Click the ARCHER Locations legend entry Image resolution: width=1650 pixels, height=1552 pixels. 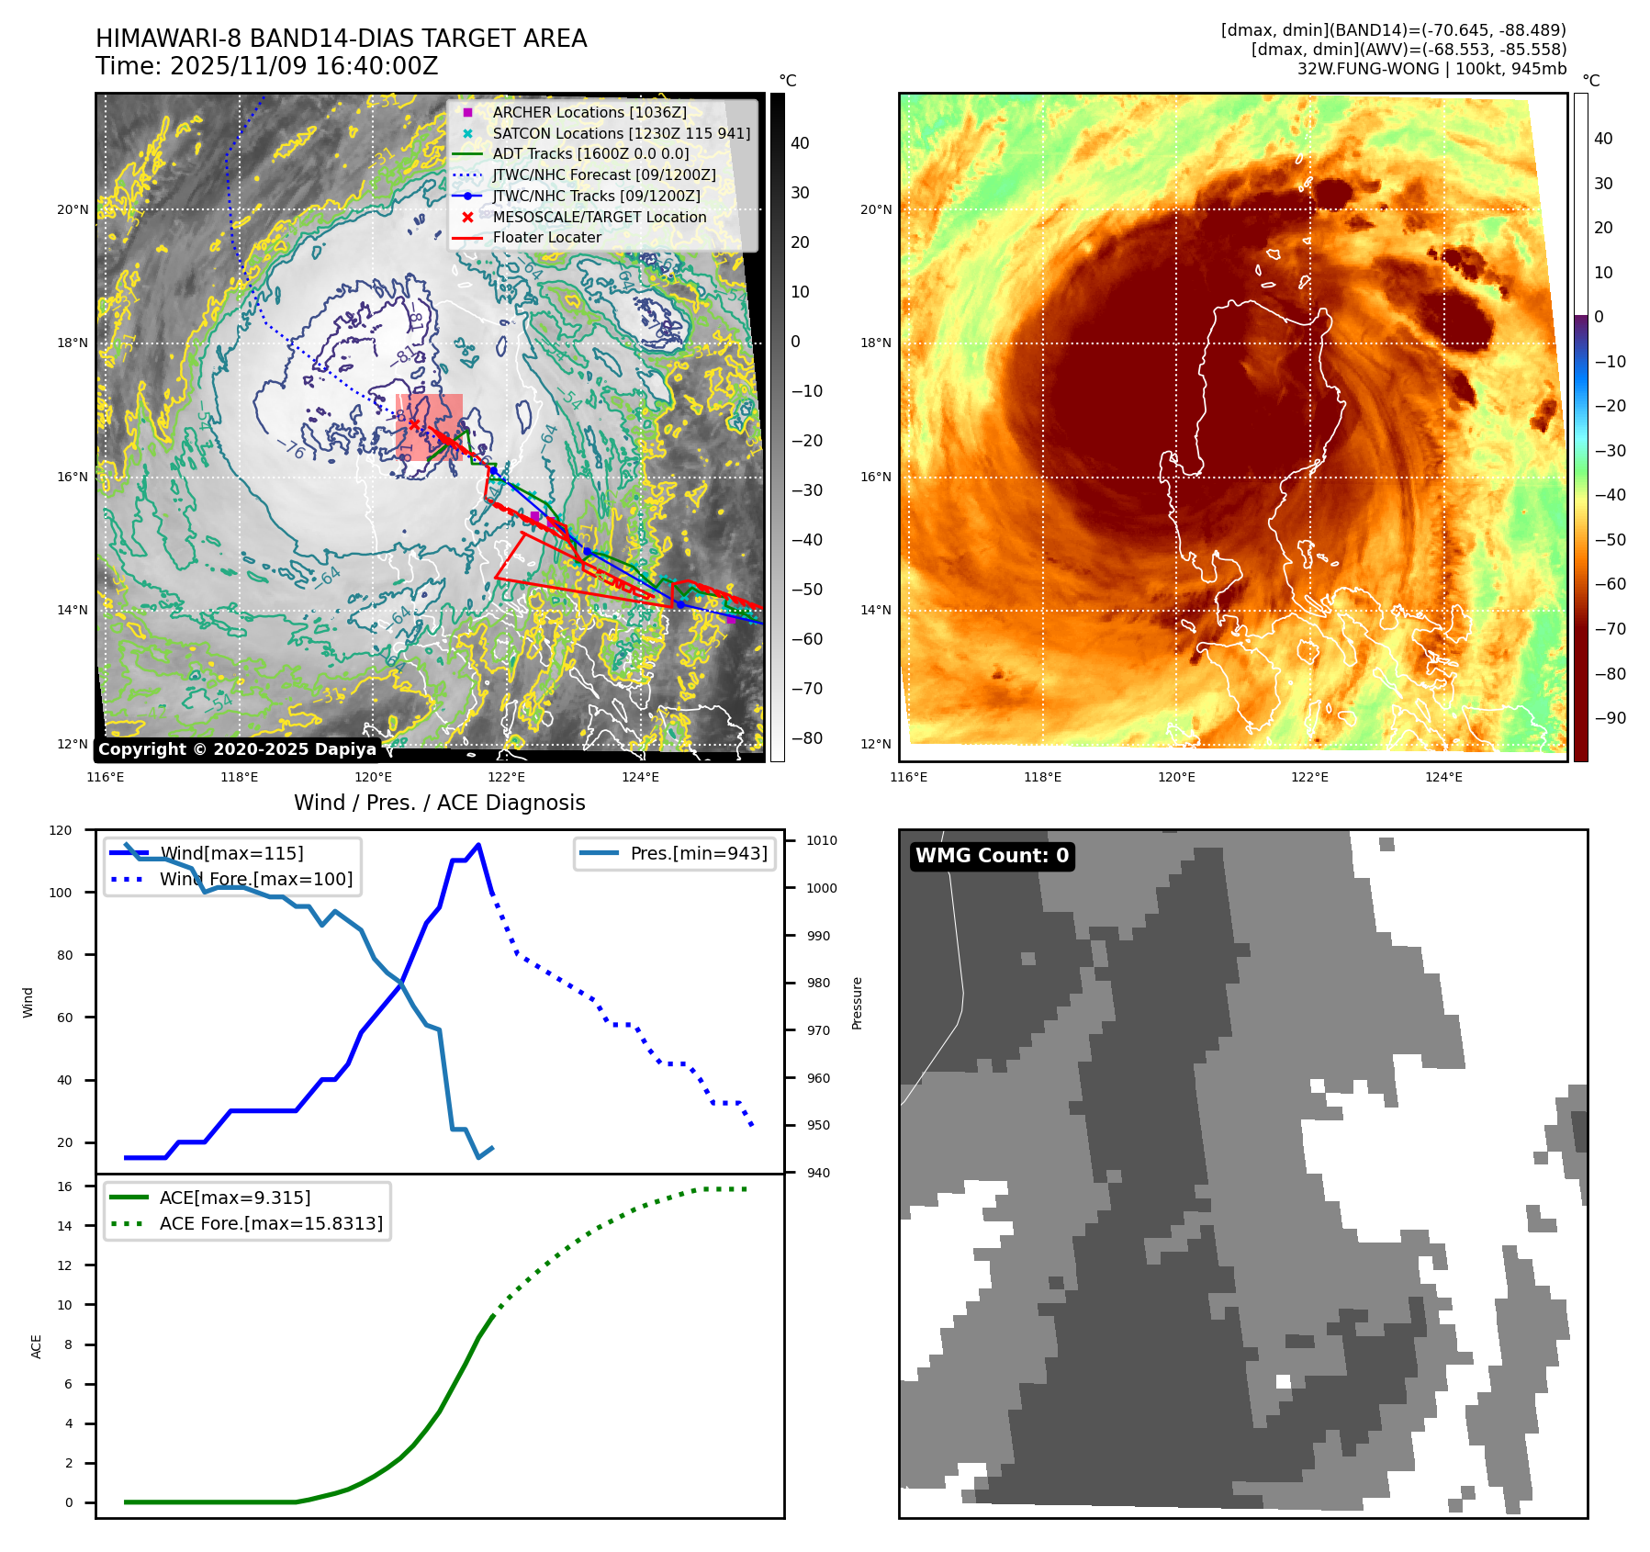pos(589,112)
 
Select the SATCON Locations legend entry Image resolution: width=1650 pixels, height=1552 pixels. pos(621,133)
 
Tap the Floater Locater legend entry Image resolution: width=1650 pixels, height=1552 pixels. pos(546,237)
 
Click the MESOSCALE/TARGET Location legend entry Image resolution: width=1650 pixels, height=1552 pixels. pos(599,217)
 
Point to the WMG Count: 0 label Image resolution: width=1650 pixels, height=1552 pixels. pos(992,856)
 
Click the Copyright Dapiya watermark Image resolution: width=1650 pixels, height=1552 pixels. pos(237,749)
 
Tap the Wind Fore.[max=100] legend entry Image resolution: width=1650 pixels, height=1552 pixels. pos(255,879)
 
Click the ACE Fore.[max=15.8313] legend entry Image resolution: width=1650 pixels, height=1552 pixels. pos(271,1223)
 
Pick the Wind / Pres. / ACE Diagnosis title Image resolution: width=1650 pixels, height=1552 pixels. pos(439,803)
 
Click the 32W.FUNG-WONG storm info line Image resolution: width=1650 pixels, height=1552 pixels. pos(1431,69)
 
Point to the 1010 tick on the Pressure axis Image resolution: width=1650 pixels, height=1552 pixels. pos(822,840)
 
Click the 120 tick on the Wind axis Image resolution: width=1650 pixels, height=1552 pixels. pos(61,830)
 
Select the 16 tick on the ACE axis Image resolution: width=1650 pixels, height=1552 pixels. pos(64,1186)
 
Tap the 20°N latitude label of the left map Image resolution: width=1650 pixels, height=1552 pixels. pos(73,209)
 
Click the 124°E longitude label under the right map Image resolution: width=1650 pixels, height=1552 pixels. pos(1443,777)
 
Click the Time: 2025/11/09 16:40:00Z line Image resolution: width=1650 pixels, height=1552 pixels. pos(266,66)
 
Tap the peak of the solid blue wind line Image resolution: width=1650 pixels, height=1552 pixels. pos(478,845)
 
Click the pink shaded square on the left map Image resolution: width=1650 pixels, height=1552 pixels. pos(429,427)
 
